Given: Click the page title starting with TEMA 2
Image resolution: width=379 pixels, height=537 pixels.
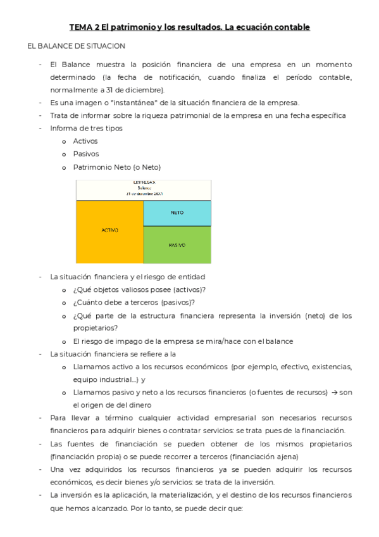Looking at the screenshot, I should coord(189,27).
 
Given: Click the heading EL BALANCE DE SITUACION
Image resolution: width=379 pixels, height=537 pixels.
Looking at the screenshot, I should coord(76,46).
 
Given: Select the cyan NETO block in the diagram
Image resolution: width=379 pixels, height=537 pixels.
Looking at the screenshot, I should coord(177,213).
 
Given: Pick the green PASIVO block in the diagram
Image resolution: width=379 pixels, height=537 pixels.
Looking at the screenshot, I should coord(177,244).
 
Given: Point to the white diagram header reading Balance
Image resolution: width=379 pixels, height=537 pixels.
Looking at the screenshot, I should coord(144,189).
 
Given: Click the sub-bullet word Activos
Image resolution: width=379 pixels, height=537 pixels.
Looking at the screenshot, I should coord(85,141).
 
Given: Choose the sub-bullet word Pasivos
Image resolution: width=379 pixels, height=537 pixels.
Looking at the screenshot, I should coord(86,154).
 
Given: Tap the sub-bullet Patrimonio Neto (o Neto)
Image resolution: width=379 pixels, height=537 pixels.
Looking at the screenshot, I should coord(117,167).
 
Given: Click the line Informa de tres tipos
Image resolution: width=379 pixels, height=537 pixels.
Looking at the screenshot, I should coord(86,128).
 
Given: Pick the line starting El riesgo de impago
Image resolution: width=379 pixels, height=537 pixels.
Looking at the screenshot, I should coord(183,341).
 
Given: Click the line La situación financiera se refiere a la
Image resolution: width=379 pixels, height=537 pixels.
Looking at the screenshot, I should coord(113,354).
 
